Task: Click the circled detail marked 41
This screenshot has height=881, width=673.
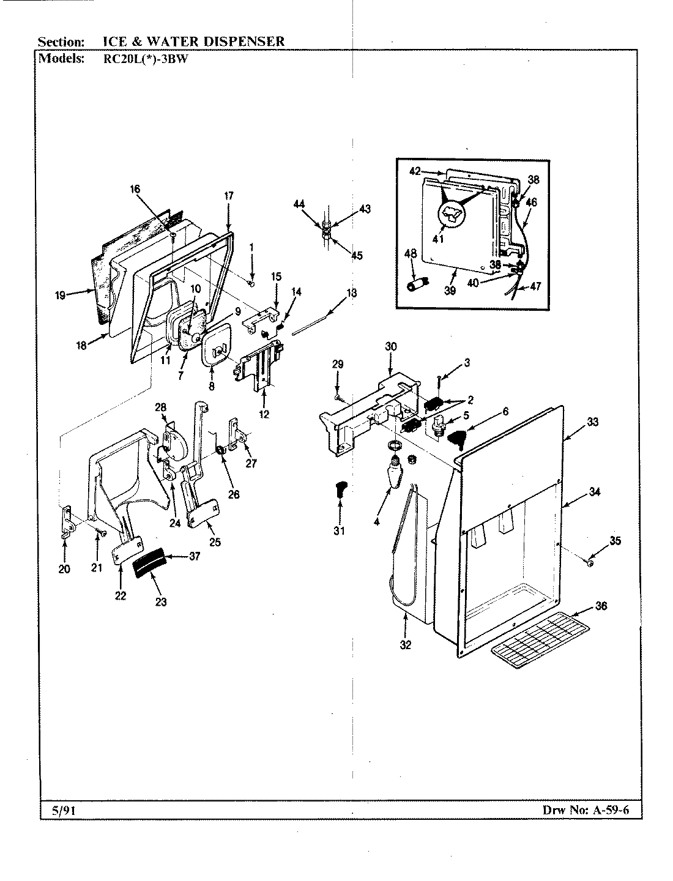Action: tap(452, 217)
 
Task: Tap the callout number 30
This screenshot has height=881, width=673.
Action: tap(390, 346)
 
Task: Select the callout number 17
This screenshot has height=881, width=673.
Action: tap(228, 196)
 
